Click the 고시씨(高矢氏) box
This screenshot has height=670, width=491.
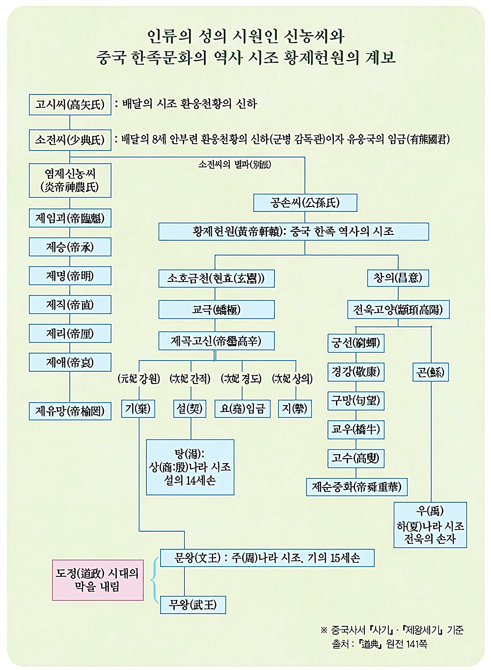pyautogui.click(x=70, y=104)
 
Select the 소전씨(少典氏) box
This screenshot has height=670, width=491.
pyautogui.click(x=70, y=140)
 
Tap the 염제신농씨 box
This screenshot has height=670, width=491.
pyautogui.click(x=70, y=180)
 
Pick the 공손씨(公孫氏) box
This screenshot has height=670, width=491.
pyautogui.click(x=305, y=203)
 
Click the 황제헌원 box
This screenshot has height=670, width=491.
pyautogui.click(x=293, y=232)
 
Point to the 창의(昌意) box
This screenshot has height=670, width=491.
pyautogui.click(x=398, y=278)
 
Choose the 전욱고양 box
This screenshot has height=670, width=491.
pyautogui.click(x=398, y=309)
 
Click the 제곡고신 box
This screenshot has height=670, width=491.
pyautogui.click(x=216, y=341)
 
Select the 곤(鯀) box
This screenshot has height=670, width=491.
pyautogui.click(x=430, y=372)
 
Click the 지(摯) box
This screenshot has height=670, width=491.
pyautogui.click(x=295, y=409)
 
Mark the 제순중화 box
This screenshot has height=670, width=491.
pyautogui.click(x=357, y=487)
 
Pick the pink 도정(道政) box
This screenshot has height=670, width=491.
pyautogui.click(x=98, y=580)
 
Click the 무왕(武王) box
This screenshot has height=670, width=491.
pyautogui.click(x=193, y=604)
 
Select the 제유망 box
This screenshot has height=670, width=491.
pyautogui.click(x=70, y=411)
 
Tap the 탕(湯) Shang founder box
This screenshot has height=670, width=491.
pyautogui.click(x=190, y=467)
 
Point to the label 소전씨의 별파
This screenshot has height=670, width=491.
pyautogui.click(x=235, y=164)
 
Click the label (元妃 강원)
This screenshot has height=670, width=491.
pyautogui.click(x=139, y=379)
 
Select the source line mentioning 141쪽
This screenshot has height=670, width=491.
pyautogui.click(x=379, y=644)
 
